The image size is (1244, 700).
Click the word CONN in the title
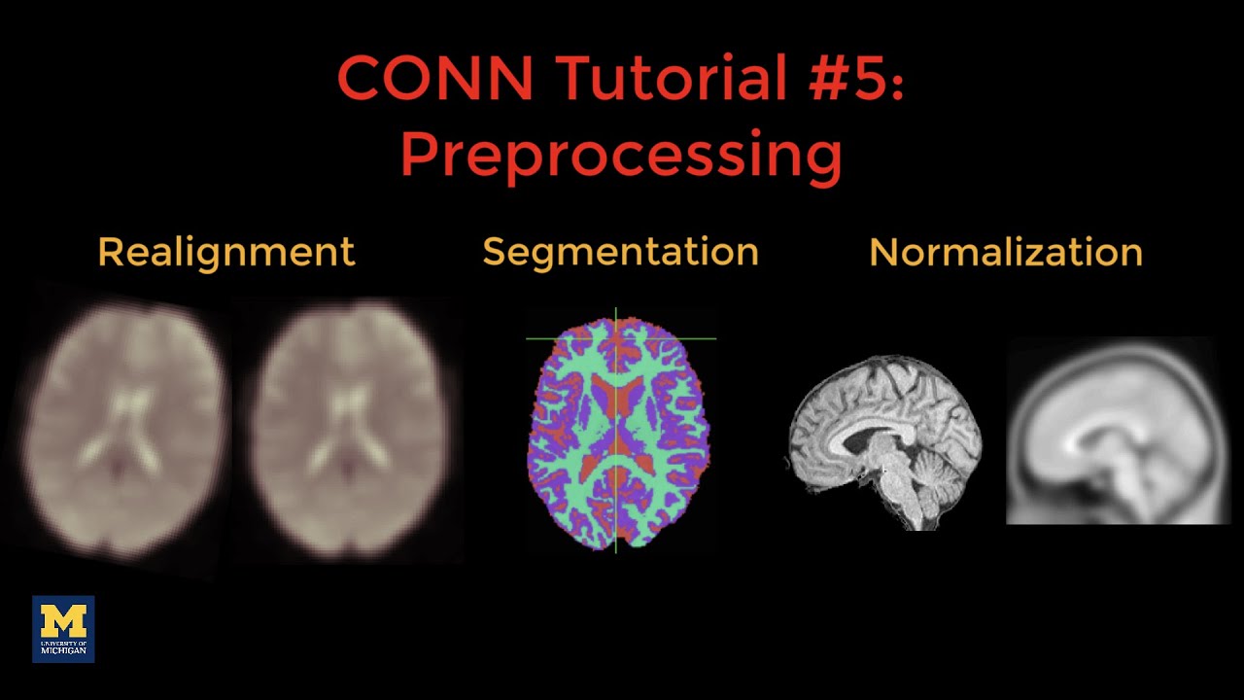(x=420, y=80)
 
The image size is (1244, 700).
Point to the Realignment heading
(x=226, y=252)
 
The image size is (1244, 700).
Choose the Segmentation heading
(x=620, y=252)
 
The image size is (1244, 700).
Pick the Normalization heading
(x=1006, y=252)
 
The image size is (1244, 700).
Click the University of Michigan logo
(x=63, y=629)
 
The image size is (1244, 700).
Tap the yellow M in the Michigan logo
(x=63, y=620)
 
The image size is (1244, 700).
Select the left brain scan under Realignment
(x=124, y=428)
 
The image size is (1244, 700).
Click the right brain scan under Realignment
(x=352, y=428)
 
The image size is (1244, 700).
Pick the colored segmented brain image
(x=618, y=433)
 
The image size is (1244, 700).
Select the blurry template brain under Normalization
(x=1118, y=431)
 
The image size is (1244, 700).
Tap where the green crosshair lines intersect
(x=615, y=338)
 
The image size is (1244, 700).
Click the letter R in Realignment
(x=108, y=252)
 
